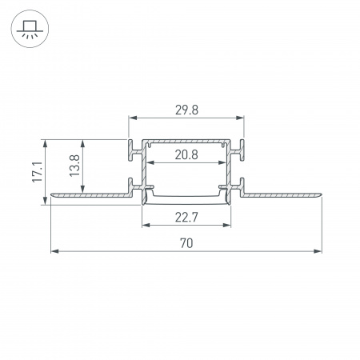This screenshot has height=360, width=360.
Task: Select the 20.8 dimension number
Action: tap(186, 154)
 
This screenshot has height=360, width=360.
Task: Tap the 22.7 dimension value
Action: tap(186, 214)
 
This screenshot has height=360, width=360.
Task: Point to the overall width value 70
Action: tap(186, 242)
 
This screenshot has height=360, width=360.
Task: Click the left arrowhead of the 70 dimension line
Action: tap(54, 251)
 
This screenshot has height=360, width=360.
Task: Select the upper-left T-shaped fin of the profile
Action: tap(131, 149)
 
